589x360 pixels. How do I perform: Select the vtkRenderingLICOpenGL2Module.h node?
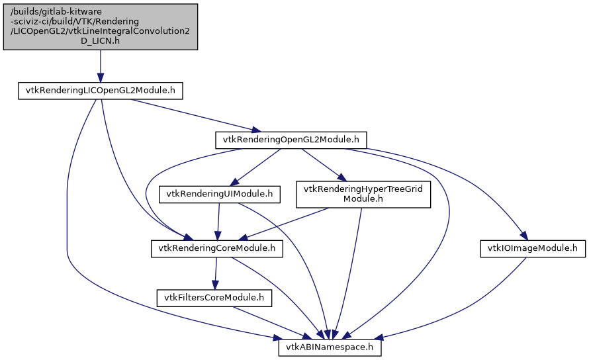pos(99,91)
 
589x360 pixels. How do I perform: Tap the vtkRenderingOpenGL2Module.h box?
pos(291,140)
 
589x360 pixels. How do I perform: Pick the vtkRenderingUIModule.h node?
pos(220,195)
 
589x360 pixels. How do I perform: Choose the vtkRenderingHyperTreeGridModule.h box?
pos(363,195)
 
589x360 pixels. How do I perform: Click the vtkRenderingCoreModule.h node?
pos(218,249)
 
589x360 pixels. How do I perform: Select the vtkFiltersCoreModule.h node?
pos(214,298)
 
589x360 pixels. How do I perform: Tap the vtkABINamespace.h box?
pos(330,347)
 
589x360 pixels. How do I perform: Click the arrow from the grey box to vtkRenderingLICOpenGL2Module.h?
pos(100,66)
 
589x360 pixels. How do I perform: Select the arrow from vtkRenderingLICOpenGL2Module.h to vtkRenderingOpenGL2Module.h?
pos(192,116)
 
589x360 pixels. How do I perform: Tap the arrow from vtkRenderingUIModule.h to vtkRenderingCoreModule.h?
pos(219,222)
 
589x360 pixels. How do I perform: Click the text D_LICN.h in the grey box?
pos(99,41)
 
